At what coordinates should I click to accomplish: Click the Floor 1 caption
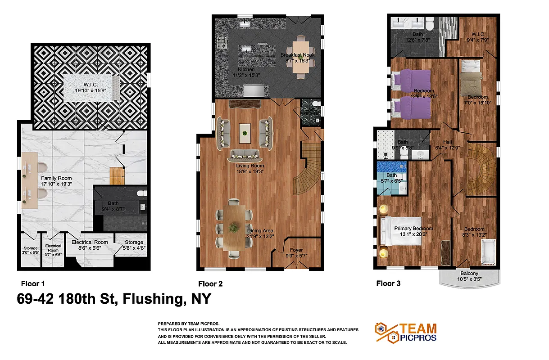33,283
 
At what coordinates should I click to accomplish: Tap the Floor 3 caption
388,283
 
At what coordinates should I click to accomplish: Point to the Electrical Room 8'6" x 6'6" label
90,245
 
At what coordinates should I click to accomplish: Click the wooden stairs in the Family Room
116,175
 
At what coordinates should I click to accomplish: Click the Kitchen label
246,72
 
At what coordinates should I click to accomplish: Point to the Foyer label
296,253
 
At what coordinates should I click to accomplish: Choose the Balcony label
469,276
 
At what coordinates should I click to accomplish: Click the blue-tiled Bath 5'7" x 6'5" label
392,178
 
